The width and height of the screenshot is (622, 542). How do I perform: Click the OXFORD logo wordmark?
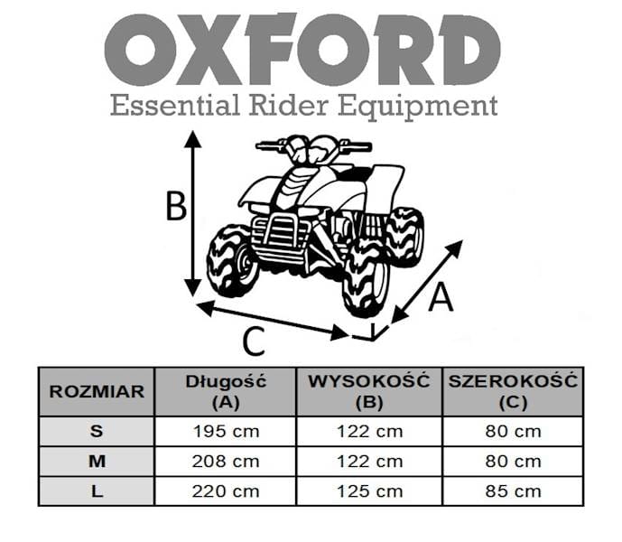302,50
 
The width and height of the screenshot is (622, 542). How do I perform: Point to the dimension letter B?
176,206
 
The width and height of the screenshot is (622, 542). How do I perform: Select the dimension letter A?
441,298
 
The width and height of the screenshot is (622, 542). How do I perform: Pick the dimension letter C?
254,341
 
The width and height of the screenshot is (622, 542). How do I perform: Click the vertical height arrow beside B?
193,213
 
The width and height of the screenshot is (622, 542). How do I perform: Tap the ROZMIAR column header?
97,391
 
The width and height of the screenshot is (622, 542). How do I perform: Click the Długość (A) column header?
226,392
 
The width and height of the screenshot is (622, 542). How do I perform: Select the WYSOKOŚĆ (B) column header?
369,392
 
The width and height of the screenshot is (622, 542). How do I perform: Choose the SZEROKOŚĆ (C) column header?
513,392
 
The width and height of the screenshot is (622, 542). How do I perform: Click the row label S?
97,431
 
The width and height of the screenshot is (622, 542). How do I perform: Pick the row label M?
97,462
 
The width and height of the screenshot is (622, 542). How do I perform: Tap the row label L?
97,491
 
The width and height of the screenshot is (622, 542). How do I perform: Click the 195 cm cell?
226,432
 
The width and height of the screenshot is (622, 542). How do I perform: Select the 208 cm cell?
226,462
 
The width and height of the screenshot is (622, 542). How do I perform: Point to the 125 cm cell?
370,492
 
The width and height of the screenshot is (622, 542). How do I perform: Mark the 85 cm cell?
514,492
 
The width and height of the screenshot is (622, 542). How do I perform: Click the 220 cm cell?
226,492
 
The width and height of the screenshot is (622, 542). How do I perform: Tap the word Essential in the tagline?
175,105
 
